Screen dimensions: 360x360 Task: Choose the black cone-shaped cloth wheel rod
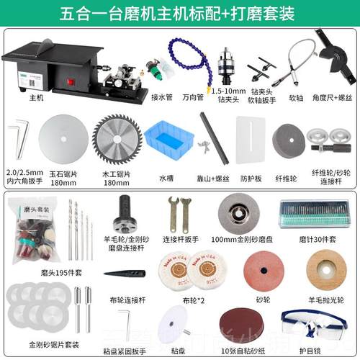[x=124, y=274]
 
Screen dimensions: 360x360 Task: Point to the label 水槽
[x=166, y=176]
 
